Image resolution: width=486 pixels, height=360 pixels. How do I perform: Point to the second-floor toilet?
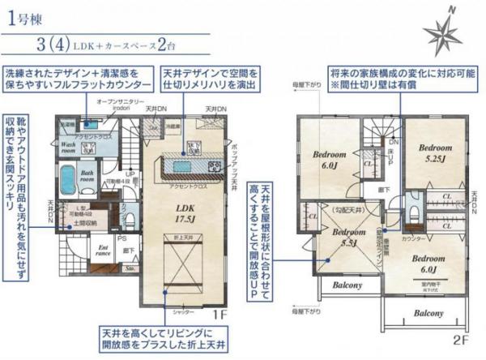[x=414, y=213]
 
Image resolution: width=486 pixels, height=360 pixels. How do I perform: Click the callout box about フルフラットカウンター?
[x=78, y=79]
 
